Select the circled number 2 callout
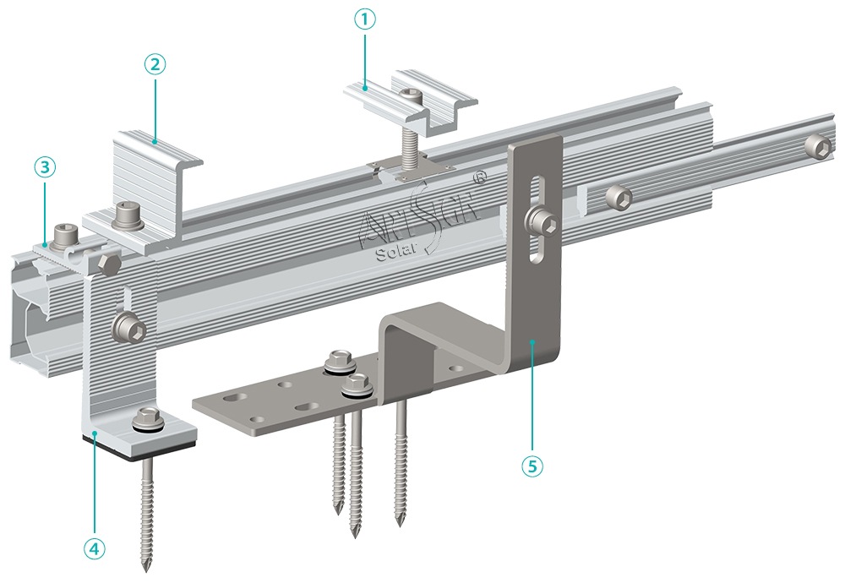pyautogui.click(x=154, y=63)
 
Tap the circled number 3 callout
pyautogui.click(x=46, y=166)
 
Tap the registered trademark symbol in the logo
pyautogui.click(x=480, y=178)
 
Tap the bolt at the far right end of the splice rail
pyautogui.click(x=818, y=144)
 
